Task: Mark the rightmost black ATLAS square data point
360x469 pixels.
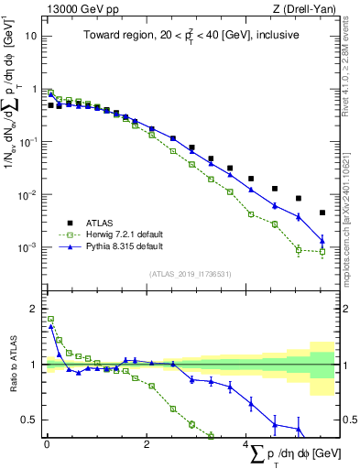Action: (x=322, y=213)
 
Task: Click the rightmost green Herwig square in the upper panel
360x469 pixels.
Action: (x=322, y=252)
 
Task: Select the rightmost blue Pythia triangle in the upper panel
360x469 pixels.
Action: (x=322, y=242)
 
